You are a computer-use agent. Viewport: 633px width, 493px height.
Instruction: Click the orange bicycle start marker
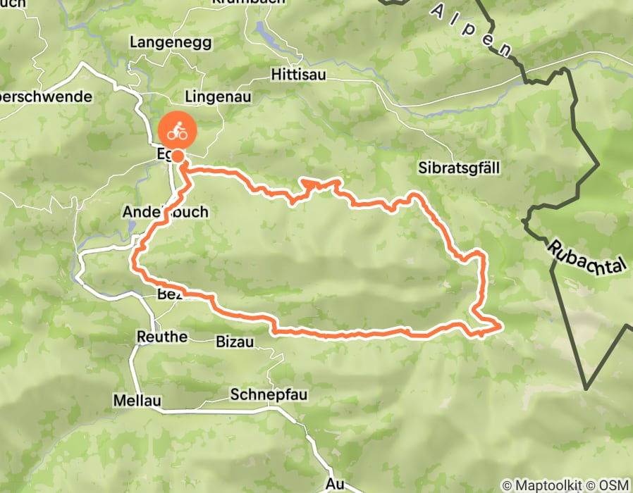[x=178, y=130]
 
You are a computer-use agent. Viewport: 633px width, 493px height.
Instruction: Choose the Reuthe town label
[x=161, y=337]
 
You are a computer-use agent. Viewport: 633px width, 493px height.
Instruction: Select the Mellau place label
[x=137, y=401]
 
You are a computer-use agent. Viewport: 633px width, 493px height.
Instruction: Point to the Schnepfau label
[x=269, y=395]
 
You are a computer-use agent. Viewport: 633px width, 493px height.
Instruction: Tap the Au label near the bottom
[x=335, y=484]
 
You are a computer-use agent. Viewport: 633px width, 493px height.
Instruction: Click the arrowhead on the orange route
[x=308, y=184]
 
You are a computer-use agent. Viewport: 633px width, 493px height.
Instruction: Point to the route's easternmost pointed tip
[x=500, y=325]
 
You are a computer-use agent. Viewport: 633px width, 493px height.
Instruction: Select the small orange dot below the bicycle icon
[x=179, y=156]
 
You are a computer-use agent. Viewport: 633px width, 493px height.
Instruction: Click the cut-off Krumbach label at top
[x=249, y=3]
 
